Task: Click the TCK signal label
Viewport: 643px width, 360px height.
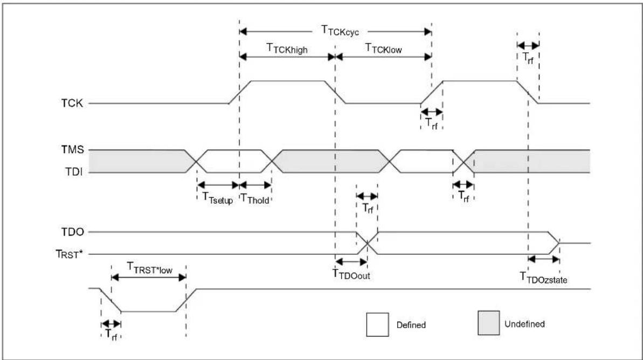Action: (x=72, y=103)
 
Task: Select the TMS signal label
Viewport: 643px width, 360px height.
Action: (x=73, y=150)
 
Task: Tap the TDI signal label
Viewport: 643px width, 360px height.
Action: (x=74, y=172)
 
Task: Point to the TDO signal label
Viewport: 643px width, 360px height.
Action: (x=73, y=232)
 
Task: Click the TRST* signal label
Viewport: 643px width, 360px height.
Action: (x=69, y=254)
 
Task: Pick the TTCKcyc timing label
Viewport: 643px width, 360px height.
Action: (x=340, y=31)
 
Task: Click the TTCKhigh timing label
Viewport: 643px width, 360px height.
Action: (x=287, y=49)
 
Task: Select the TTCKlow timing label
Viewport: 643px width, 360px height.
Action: (x=383, y=49)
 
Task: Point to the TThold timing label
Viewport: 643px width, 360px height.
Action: (x=254, y=198)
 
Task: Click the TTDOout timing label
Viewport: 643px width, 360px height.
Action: (x=351, y=274)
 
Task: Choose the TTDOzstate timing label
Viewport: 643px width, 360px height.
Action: (x=543, y=278)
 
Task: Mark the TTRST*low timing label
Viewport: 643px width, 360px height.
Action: (x=150, y=268)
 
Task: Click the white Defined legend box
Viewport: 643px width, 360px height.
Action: (x=377, y=325)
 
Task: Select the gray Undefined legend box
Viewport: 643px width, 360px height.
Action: (x=488, y=323)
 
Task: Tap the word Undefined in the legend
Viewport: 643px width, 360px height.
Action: (x=524, y=324)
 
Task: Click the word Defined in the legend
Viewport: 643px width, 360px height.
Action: (x=411, y=325)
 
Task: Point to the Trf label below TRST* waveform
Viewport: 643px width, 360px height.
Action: (x=110, y=334)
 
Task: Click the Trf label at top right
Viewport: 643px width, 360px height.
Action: (x=528, y=58)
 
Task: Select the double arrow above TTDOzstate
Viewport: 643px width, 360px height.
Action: (x=544, y=259)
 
